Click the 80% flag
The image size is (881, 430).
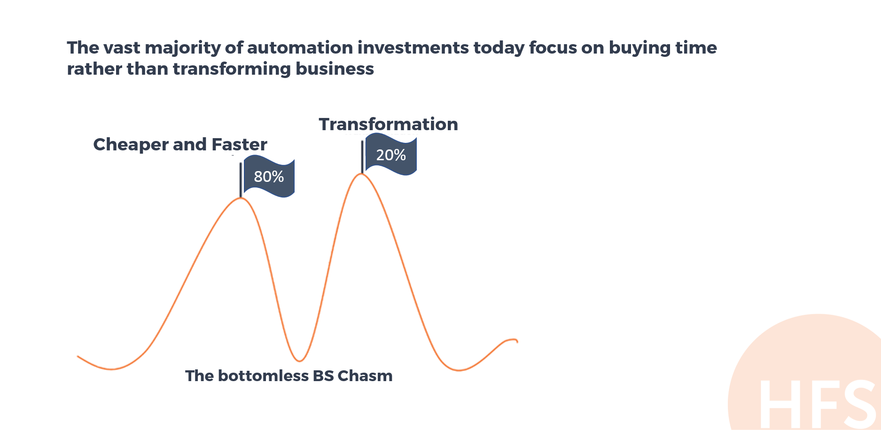(x=269, y=178)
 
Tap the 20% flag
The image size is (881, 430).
(x=391, y=154)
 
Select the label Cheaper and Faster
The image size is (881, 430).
(x=180, y=144)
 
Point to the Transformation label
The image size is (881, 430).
(x=388, y=124)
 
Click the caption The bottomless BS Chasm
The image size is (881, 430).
(x=288, y=376)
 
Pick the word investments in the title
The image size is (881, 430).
(x=413, y=47)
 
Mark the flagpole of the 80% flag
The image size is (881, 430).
(x=241, y=180)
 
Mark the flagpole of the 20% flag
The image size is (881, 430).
(x=362, y=157)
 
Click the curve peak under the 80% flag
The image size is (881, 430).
(x=241, y=198)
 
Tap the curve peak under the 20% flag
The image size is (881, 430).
(x=361, y=174)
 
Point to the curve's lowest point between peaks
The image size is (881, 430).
(x=299, y=361)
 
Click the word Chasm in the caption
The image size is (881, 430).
(x=365, y=376)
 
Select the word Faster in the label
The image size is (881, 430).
(x=239, y=144)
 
